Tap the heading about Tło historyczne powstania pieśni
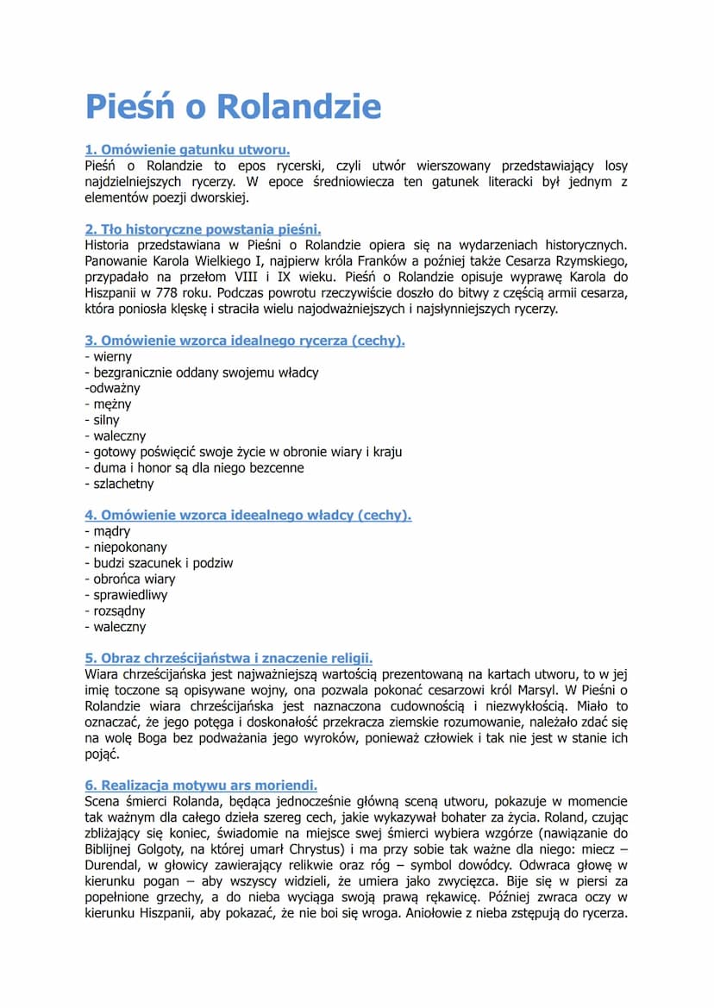[x=203, y=229]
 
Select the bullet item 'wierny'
[x=112, y=356]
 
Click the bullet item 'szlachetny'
[x=123, y=484]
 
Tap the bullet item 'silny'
[x=107, y=420]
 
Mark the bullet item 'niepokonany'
[x=130, y=547]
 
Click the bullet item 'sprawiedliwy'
[x=131, y=595]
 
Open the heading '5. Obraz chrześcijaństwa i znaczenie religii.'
[x=229, y=658]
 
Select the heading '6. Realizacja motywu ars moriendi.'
[x=201, y=786]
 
